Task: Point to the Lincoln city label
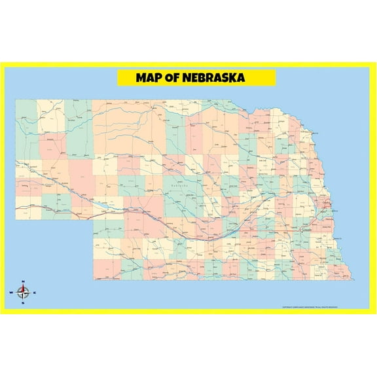(x=308, y=230)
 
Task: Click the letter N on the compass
(x=22, y=281)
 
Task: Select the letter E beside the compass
(x=35, y=292)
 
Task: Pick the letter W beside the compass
(x=11, y=292)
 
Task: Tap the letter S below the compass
(x=23, y=303)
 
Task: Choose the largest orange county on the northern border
(x=199, y=131)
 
